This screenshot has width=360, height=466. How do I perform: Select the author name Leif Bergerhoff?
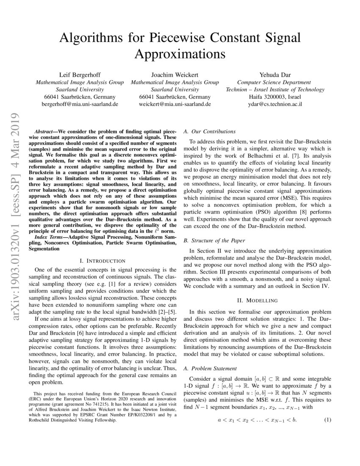(80, 75)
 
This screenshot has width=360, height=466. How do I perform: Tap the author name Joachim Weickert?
(175, 75)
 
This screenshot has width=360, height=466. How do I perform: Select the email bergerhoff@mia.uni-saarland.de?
(80, 104)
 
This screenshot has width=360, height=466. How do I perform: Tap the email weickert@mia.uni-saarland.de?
(175, 104)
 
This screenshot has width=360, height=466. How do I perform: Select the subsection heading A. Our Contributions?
(210, 131)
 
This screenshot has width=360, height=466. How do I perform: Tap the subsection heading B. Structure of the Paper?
(214, 241)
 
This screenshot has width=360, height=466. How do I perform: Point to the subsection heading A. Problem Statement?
(210, 369)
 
